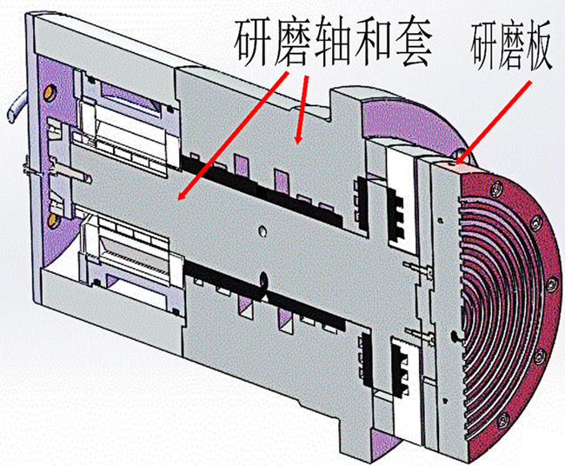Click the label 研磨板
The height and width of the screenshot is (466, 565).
511,46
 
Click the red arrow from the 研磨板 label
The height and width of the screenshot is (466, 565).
494,122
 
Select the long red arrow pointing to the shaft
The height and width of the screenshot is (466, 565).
234,135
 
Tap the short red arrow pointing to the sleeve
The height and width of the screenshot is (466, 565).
302,110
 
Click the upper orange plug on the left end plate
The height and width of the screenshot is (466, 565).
50,93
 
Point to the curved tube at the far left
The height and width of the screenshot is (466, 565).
18,107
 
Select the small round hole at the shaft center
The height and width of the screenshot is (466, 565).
263,230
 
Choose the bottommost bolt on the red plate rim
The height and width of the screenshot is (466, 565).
503,419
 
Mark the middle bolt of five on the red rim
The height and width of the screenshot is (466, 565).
550,284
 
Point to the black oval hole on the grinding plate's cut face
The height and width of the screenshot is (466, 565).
455,336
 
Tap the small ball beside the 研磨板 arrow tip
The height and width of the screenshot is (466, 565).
461,154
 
